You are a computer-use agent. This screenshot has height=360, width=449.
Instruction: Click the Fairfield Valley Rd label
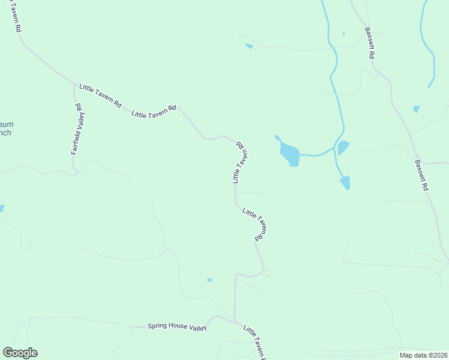coord(77,129)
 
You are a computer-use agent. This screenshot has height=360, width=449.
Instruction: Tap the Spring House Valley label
coord(177,327)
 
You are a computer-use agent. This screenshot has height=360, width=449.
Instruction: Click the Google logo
coord(20,353)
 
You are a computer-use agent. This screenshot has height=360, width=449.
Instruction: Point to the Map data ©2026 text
coord(423,355)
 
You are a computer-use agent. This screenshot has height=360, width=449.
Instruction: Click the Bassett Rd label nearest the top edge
coord(370,43)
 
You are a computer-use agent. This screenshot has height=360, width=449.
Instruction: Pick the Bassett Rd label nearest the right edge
coord(421,175)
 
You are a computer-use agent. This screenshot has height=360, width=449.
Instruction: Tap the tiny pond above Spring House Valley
coord(209,280)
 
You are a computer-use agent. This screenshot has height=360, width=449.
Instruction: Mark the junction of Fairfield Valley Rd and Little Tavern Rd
coord(74,85)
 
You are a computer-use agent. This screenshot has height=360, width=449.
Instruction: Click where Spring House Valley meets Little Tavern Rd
coord(235,321)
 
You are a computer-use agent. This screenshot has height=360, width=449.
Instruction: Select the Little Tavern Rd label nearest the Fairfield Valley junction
coord(100,95)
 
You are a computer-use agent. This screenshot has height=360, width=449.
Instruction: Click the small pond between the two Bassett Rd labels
coord(416,109)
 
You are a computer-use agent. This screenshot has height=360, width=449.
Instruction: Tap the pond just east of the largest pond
coord(343,147)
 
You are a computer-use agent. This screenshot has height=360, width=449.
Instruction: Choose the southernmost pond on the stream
coord(346,182)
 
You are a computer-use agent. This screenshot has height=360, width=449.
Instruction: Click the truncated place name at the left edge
coord(5,128)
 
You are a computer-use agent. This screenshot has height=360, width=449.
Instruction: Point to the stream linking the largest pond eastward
coord(316,154)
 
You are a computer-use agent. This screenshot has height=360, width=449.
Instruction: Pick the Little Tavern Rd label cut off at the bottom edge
coord(255,343)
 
